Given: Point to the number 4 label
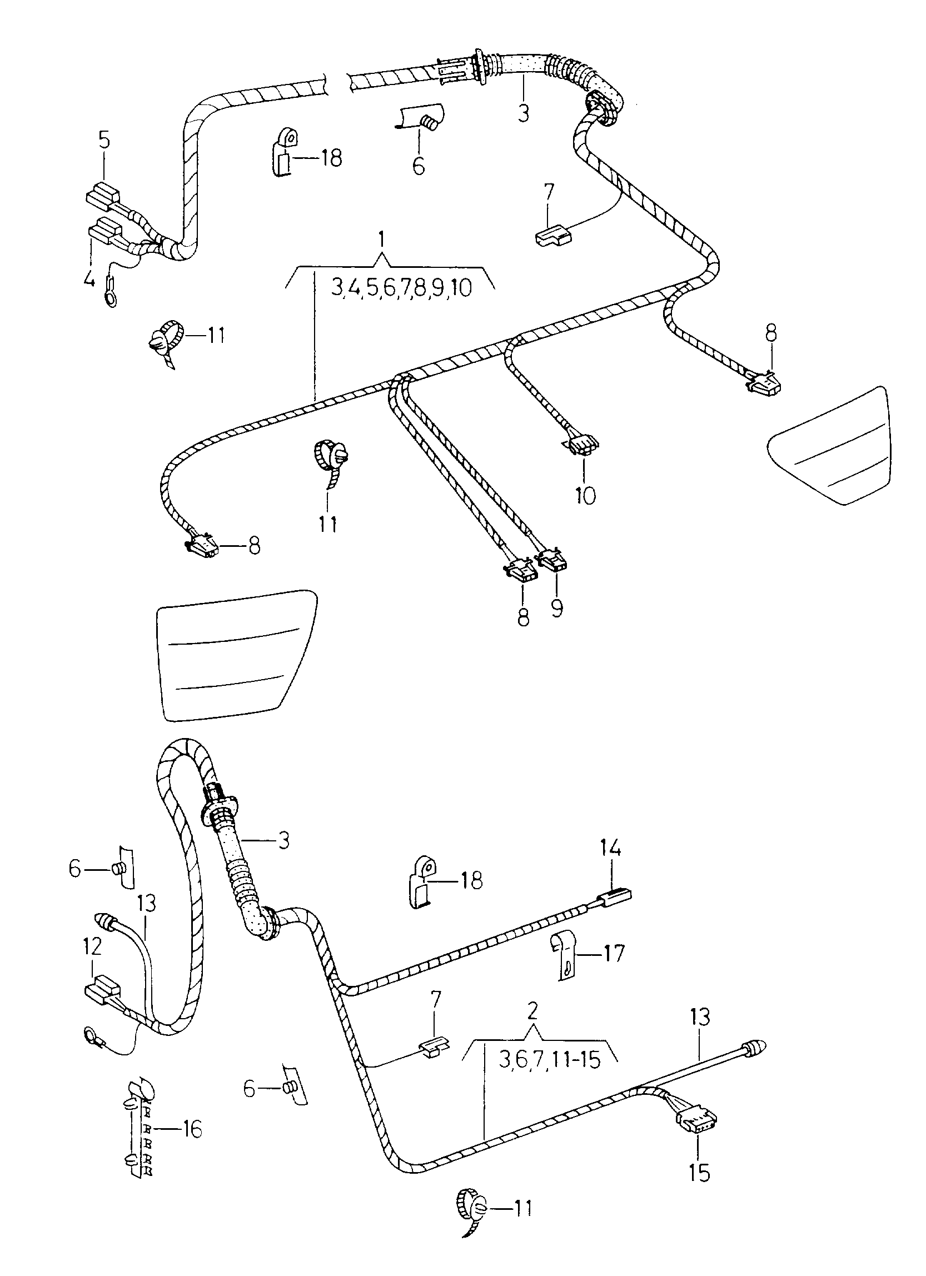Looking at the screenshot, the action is coord(89,278).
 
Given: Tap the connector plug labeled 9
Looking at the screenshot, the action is coord(552,560).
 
